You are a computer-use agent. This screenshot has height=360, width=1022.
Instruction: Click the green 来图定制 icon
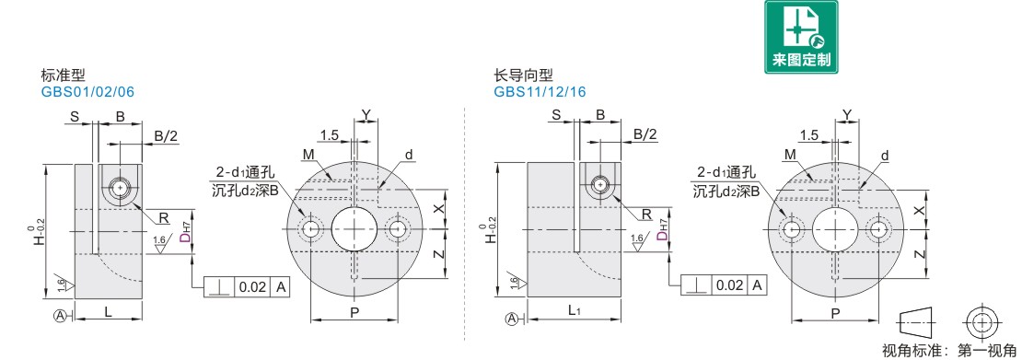coord(801,37)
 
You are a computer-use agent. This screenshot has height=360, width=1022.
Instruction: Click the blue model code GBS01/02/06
coord(87,91)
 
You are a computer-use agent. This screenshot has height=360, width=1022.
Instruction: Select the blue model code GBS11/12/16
coord(540,91)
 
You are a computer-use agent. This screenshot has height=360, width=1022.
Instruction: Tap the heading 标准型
coord(64,75)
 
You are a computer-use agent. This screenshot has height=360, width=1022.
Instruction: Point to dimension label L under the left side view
coord(108,312)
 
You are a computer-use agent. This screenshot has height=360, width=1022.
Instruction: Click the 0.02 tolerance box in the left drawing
coord(251,286)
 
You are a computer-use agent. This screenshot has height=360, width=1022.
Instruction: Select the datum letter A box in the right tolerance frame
coord(758,285)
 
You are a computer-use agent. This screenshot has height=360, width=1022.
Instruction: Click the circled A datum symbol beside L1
coord(513,319)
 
